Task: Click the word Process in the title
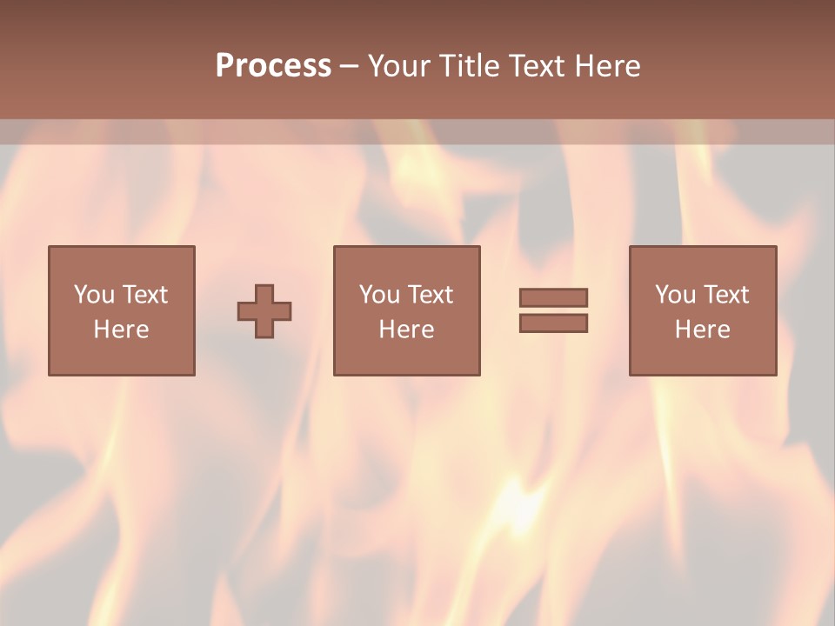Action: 273,66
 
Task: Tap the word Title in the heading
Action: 470,66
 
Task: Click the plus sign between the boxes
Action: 264,311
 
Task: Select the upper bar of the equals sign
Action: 553,297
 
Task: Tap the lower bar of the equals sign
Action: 553,323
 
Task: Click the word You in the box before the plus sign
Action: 94,295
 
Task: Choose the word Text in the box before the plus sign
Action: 144,295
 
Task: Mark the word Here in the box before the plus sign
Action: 121,330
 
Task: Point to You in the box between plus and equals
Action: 379,295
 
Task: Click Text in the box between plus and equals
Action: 430,295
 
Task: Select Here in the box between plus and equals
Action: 406,330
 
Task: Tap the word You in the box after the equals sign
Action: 675,295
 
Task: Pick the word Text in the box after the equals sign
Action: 725,295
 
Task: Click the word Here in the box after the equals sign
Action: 702,330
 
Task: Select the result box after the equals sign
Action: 703,356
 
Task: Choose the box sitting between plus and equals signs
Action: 406,356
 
